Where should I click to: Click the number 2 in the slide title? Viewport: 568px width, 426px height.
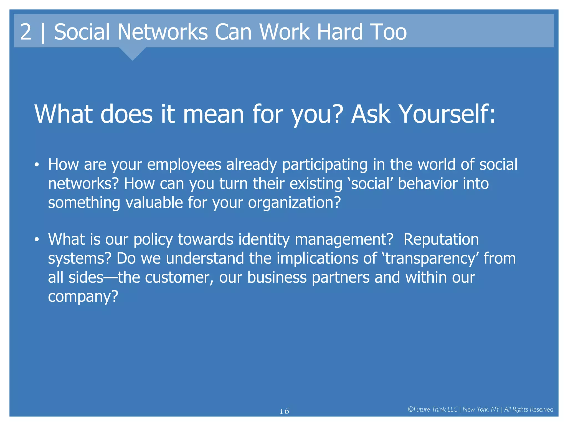click(x=26, y=32)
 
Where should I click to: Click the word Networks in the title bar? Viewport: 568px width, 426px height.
click(x=162, y=32)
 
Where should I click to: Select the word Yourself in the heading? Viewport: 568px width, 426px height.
click(x=447, y=114)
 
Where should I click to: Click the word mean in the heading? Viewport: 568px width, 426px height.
click(x=213, y=114)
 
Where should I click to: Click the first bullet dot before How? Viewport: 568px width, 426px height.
click(x=37, y=165)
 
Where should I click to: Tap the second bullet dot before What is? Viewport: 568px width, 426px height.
click(x=37, y=240)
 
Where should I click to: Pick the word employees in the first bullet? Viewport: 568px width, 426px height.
click(x=184, y=165)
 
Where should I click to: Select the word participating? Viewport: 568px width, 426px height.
click(x=325, y=165)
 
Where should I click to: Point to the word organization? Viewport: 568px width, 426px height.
click(x=294, y=203)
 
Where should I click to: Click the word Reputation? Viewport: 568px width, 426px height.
click(x=441, y=239)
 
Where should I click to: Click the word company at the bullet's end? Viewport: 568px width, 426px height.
click(x=83, y=296)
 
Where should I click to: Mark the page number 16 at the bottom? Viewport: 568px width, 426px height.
click(x=284, y=411)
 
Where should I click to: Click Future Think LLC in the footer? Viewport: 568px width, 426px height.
click(x=433, y=409)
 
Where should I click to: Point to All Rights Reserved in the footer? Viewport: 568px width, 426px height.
click(x=529, y=409)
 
